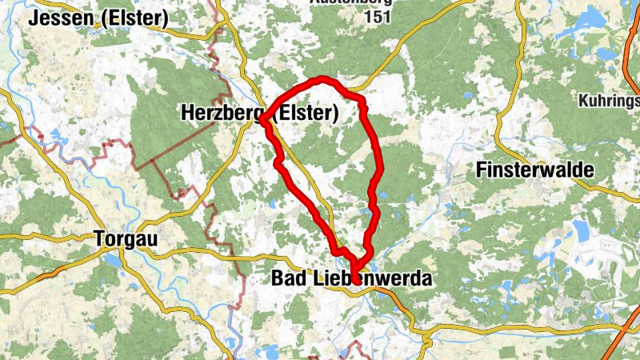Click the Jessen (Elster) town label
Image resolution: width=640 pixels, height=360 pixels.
click(98, 18)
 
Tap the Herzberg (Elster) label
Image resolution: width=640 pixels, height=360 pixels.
click(259, 114)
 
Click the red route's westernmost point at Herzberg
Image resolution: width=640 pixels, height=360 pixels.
click(262, 121)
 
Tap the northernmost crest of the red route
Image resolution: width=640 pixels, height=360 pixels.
click(322, 78)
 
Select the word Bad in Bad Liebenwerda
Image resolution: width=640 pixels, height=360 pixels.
click(286, 279)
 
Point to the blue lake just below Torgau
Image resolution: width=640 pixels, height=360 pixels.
click(112, 260)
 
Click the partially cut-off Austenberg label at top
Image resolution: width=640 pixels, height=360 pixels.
click(350, 2)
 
